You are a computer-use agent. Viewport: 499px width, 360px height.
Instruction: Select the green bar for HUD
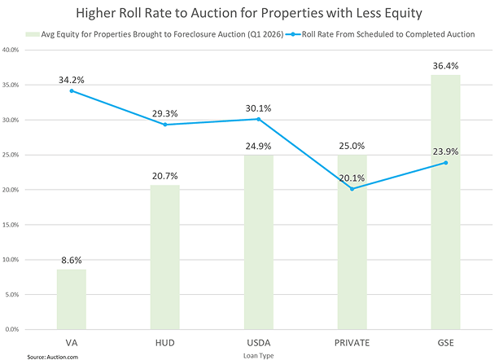point(164,257)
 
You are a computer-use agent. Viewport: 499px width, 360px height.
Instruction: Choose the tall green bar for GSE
point(445,203)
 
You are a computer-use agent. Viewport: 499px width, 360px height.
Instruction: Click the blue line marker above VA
point(71,90)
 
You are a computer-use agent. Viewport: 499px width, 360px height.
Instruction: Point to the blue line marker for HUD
point(164,125)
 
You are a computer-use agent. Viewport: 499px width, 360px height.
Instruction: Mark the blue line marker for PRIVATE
point(352,189)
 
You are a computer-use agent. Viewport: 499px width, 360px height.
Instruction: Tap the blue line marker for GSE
point(445,162)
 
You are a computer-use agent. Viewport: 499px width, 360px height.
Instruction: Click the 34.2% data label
point(71,80)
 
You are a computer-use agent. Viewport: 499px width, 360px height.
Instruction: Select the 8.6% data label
point(71,259)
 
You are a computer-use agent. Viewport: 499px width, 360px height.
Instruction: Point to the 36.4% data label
point(445,64)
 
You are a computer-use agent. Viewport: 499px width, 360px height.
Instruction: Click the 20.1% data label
point(352,178)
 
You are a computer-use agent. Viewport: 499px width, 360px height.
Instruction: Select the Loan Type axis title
point(258,355)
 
